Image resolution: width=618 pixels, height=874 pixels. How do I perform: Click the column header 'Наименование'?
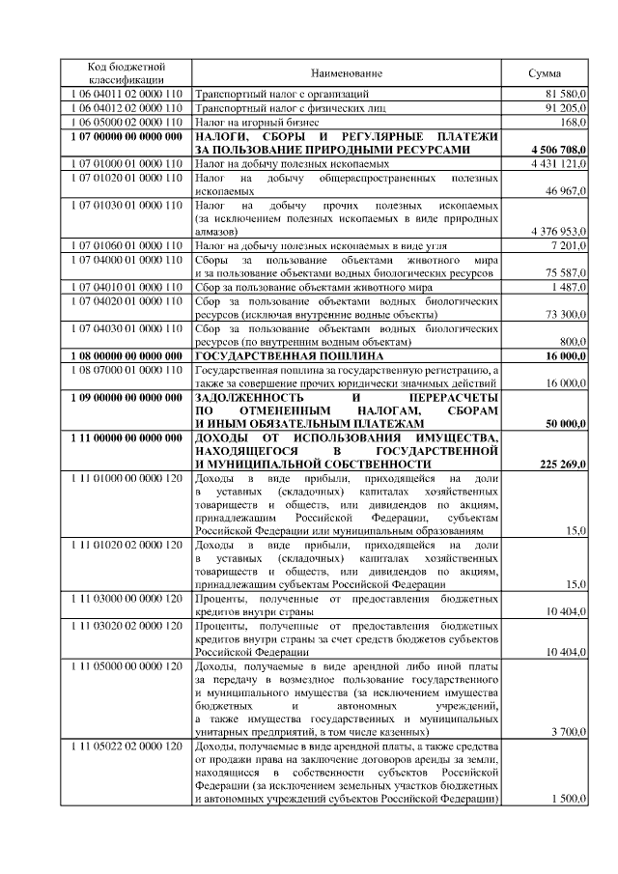(347, 73)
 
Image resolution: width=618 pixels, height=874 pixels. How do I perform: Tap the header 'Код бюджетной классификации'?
(127, 72)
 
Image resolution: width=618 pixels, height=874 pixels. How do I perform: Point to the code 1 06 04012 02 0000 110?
(127, 108)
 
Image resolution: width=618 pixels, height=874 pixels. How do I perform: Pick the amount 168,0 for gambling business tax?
(574, 123)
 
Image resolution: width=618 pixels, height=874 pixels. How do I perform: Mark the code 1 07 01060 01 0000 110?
(127, 247)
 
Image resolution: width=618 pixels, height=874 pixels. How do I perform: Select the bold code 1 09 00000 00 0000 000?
(127, 397)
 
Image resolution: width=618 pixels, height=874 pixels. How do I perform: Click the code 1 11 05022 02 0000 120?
(127, 747)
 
